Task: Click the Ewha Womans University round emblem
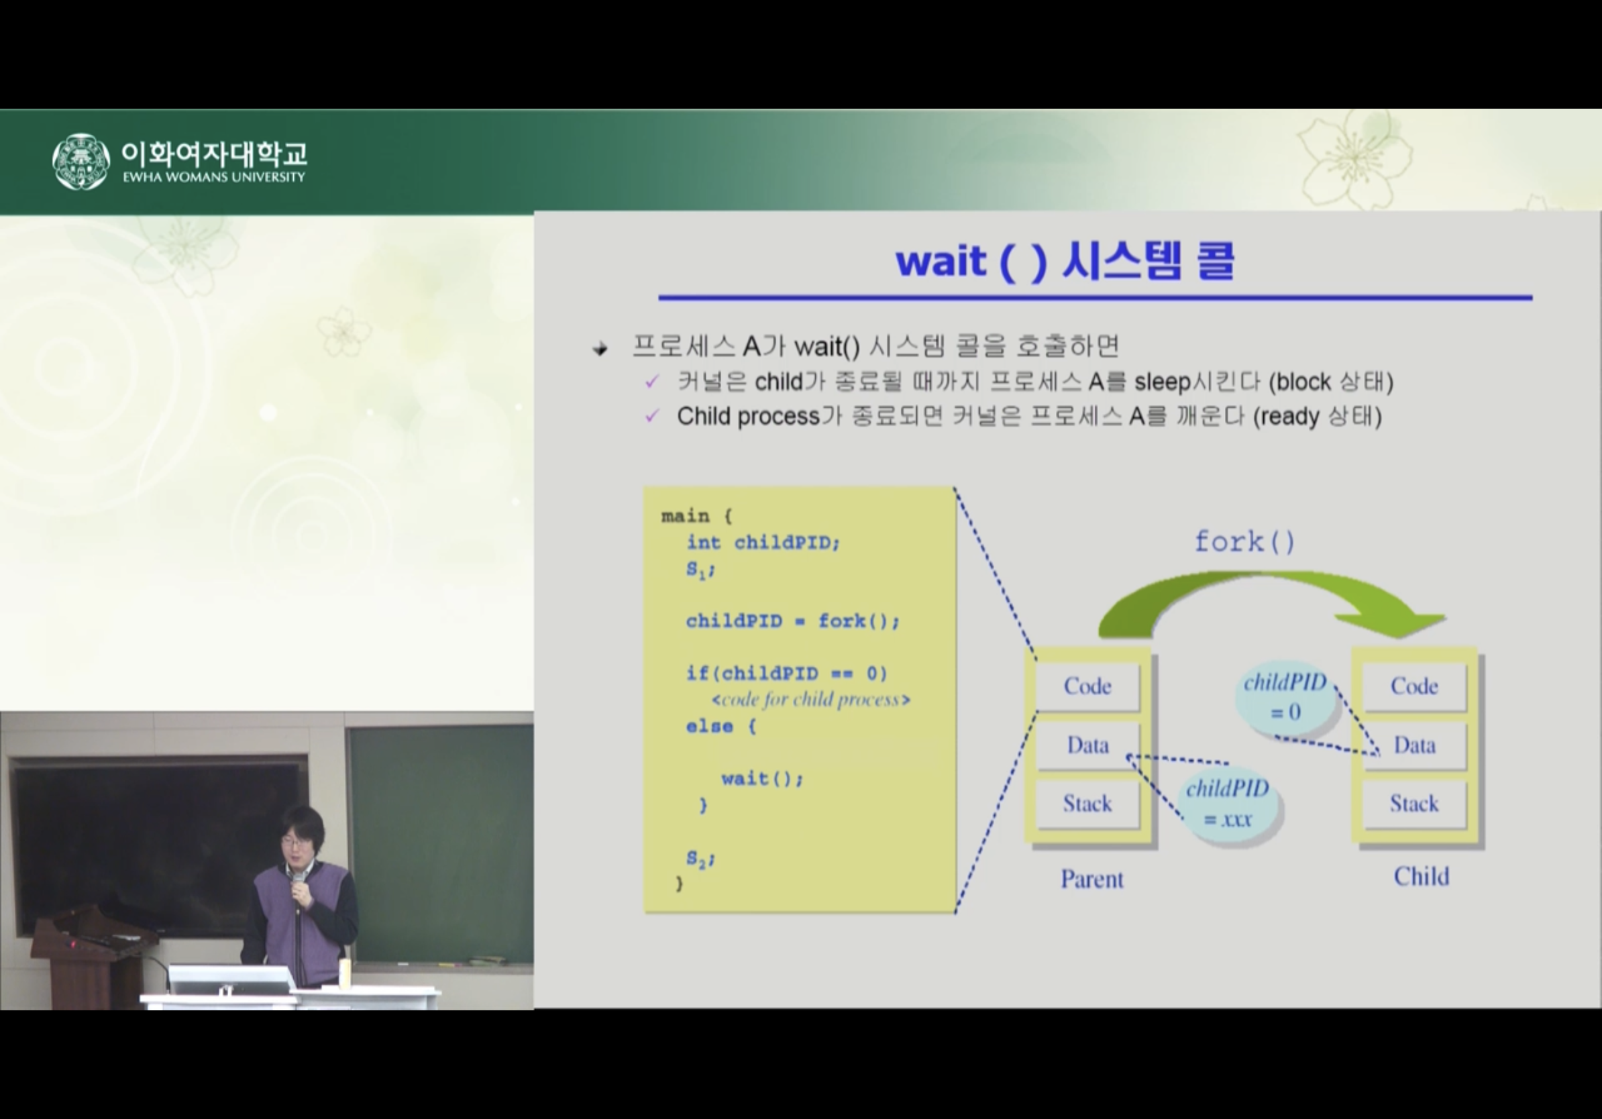click(x=81, y=162)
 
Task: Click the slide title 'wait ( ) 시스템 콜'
click(x=1065, y=261)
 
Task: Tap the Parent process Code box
click(x=1087, y=686)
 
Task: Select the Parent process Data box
click(x=1087, y=745)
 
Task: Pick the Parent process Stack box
click(x=1087, y=804)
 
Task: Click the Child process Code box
click(x=1414, y=686)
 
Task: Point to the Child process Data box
click(x=1414, y=745)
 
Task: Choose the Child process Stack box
click(x=1414, y=804)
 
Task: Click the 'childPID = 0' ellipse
click(x=1285, y=697)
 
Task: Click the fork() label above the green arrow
click(x=1244, y=542)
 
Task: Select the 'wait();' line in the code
click(x=762, y=779)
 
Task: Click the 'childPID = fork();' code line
click(x=793, y=621)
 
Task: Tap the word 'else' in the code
click(x=710, y=727)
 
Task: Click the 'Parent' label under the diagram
click(x=1092, y=879)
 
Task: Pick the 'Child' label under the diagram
click(x=1422, y=876)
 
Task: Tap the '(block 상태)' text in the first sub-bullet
click(x=1330, y=382)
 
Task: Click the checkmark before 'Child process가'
click(x=652, y=417)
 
